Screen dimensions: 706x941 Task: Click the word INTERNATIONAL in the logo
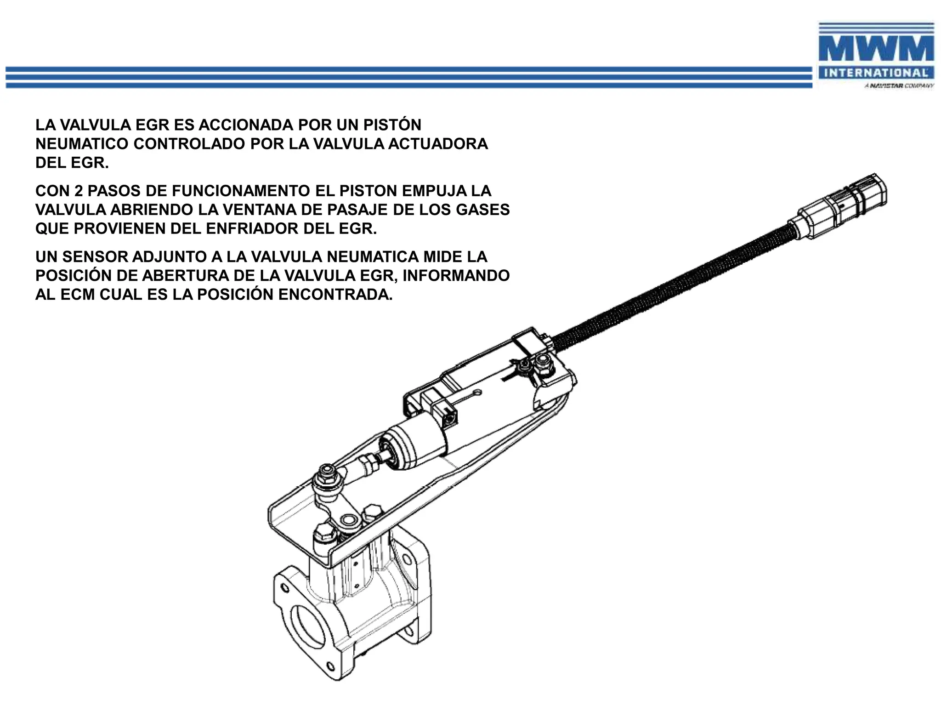click(x=876, y=73)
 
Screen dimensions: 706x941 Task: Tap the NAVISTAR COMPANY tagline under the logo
click(x=899, y=86)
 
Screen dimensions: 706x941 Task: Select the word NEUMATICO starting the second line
click(x=81, y=144)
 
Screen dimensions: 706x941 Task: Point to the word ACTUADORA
click(x=438, y=144)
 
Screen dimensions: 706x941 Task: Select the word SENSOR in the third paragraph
click(x=94, y=256)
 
